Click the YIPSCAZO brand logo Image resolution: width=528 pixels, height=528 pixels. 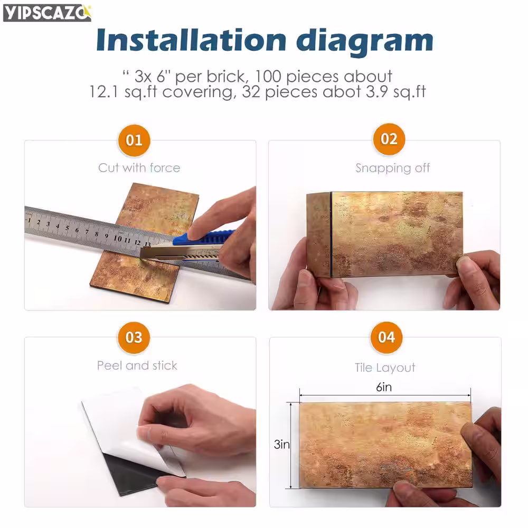(47, 13)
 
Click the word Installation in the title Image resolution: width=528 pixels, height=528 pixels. (191, 40)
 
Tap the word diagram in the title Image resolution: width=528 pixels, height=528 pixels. (365, 42)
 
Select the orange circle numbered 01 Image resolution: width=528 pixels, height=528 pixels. (134, 140)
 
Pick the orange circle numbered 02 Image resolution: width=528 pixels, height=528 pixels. (389, 139)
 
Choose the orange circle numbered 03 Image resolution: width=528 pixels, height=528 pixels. (134, 337)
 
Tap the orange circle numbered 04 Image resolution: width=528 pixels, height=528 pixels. (386, 337)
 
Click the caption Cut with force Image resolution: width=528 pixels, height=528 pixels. (139, 168)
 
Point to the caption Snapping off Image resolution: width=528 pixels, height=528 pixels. (393, 168)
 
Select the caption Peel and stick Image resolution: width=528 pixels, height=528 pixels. (137, 365)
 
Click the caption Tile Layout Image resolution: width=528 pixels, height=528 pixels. (385, 367)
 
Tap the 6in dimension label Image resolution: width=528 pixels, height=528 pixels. (384, 387)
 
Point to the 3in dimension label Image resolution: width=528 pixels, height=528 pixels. (282, 445)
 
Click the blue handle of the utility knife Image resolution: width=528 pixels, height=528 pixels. (204, 238)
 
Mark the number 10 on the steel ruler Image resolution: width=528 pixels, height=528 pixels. (118, 239)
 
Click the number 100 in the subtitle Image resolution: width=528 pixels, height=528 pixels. (268, 77)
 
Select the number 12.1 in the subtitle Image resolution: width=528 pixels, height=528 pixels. (104, 91)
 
